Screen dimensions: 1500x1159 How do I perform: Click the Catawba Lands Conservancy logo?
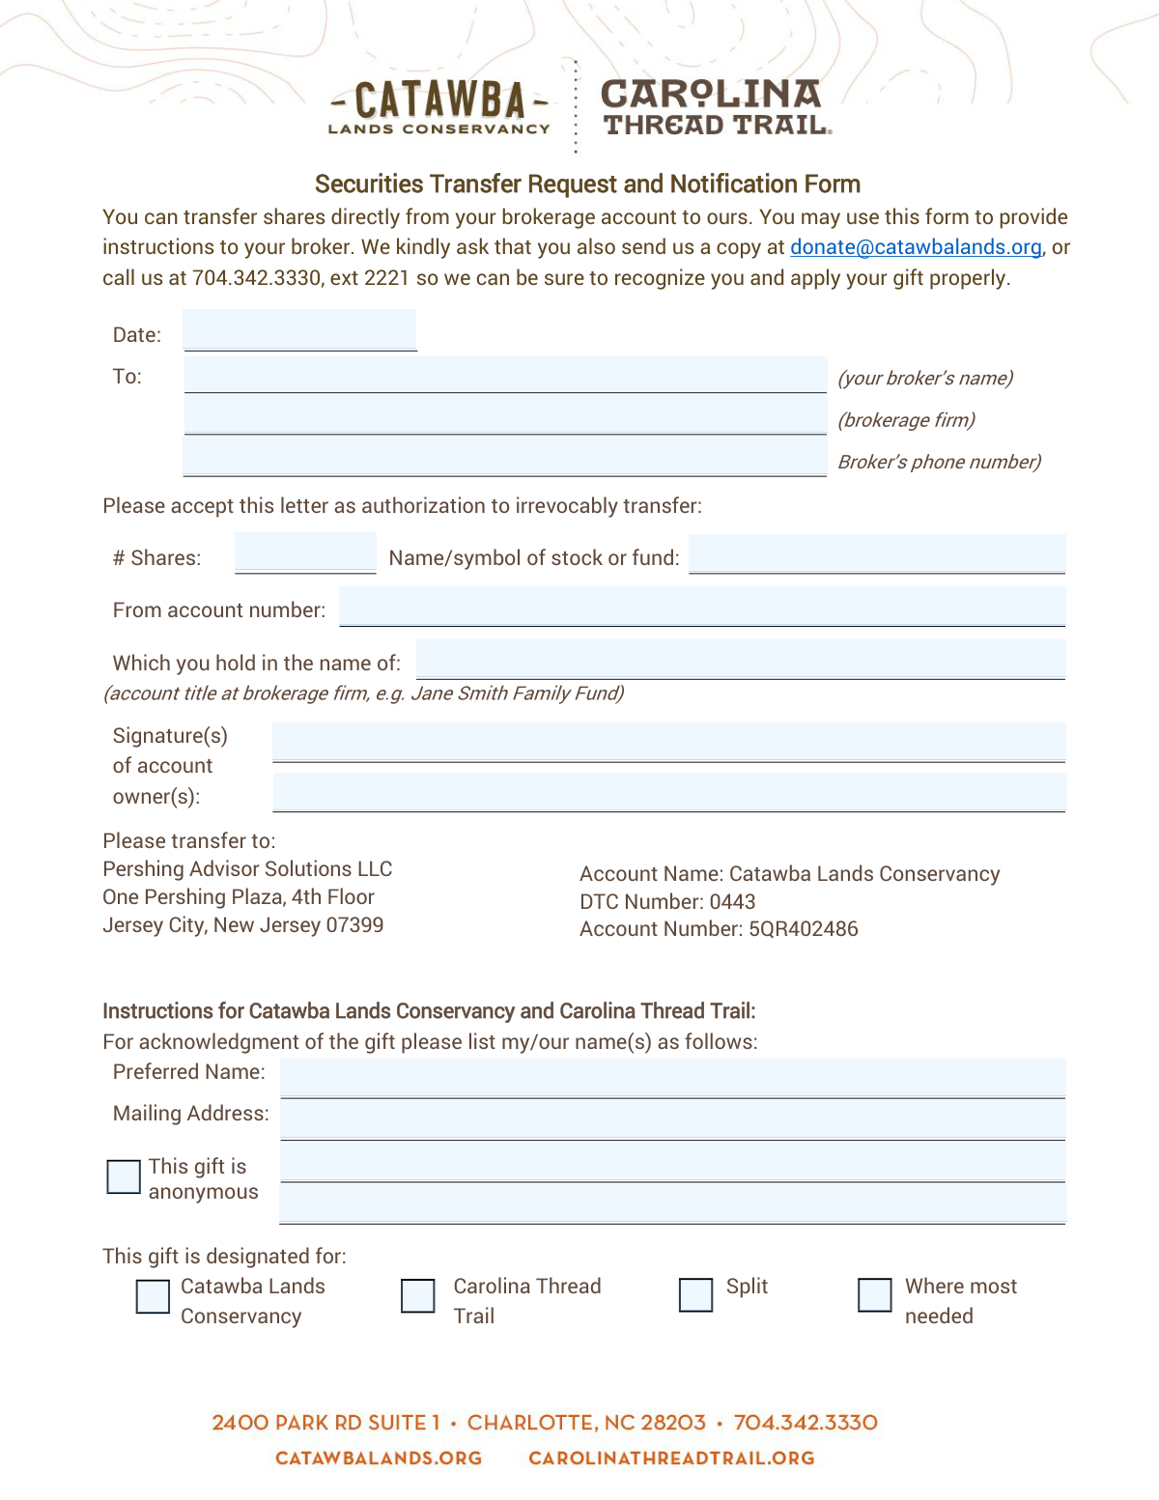coord(439,107)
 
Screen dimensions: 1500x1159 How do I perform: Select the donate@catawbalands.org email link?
coord(916,247)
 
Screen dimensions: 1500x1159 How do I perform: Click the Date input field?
coord(299,330)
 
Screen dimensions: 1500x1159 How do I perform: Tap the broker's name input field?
coord(505,375)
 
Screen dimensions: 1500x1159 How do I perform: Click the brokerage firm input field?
coord(505,416)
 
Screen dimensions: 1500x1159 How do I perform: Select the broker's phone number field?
coord(505,457)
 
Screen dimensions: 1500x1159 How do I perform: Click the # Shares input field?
coord(305,554)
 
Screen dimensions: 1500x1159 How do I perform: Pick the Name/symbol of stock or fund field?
coord(877,554)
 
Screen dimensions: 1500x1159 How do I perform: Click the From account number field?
coord(702,607)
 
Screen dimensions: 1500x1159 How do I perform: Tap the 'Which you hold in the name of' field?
coord(741,660)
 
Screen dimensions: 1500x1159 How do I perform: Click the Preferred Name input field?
coord(672,1078)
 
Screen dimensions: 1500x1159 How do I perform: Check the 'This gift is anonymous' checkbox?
coord(124,1177)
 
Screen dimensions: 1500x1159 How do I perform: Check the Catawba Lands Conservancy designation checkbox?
coord(153,1296)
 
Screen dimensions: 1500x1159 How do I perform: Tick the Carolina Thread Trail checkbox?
coord(418,1296)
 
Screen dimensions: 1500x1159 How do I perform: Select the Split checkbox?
coord(695,1295)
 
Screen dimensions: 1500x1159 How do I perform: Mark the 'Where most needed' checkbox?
coord(875,1295)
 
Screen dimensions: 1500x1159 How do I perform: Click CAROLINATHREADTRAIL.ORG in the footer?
coord(671,1458)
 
